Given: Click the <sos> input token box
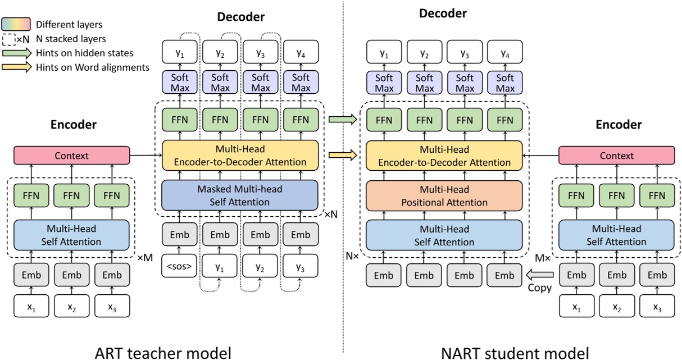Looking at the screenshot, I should (179, 267).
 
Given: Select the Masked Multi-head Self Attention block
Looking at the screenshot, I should (240, 195).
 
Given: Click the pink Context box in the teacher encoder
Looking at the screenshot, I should (71, 156).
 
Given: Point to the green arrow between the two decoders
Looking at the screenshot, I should (342, 119).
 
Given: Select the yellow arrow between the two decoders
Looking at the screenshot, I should (342, 155).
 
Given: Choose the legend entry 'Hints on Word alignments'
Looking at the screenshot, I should (92, 67).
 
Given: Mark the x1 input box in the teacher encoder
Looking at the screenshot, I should (31, 307).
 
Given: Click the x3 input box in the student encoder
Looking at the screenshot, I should (657, 307).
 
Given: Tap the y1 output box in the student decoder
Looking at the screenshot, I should (384, 54).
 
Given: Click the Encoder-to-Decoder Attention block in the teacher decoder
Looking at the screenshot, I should (240, 155).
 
